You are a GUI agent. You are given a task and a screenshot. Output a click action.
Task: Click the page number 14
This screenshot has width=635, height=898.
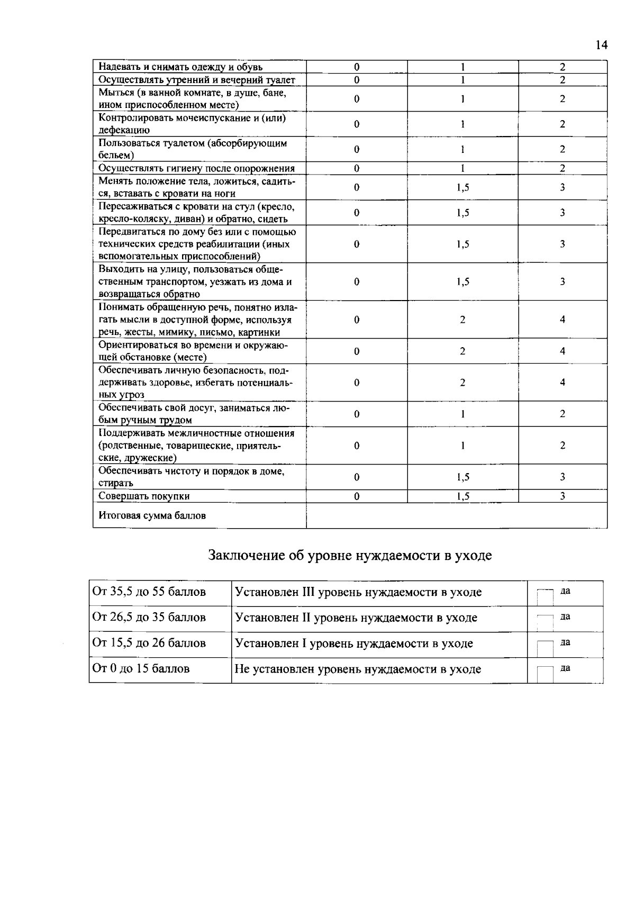[601, 45]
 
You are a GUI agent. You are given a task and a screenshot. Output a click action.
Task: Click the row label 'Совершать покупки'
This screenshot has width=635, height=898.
[144, 496]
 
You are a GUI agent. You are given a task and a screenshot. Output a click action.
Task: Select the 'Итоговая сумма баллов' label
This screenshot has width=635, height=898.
[152, 515]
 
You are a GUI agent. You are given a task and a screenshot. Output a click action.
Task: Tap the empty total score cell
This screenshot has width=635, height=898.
[456, 515]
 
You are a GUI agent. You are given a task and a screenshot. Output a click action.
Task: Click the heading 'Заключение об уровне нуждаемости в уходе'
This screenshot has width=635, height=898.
[350, 556]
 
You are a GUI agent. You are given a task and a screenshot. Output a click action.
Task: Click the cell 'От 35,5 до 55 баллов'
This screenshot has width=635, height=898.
[149, 592]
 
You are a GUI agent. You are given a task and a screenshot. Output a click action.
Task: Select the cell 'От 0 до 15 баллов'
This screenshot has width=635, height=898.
[141, 669]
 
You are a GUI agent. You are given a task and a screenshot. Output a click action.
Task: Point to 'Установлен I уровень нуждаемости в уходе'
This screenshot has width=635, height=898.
[353, 643]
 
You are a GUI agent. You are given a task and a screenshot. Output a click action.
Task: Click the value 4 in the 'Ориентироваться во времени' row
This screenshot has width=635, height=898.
[563, 351]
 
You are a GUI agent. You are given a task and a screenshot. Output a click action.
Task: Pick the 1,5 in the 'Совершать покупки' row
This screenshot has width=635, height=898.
[462, 496]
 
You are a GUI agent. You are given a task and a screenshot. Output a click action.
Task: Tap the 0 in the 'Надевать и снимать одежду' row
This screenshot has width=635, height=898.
[357, 67]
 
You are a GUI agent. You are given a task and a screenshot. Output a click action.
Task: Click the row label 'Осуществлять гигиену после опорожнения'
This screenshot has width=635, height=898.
[197, 168]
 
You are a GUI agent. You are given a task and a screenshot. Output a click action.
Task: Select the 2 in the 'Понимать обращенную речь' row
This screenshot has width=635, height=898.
[462, 320]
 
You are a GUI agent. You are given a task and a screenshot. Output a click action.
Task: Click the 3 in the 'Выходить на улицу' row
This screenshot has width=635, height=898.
[563, 282]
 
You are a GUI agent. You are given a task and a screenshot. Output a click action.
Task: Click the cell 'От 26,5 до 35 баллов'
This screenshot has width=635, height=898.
[149, 618]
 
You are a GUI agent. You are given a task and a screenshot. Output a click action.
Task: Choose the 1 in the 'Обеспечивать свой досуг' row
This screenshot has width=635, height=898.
[462, 414]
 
